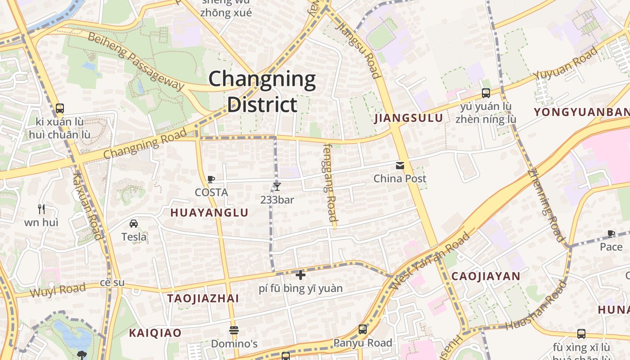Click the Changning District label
click(x=262, y=91)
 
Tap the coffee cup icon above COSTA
click(x=211, y=179)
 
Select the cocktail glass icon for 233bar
click(x=277, y=186)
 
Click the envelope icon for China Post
click(x=400, y=166)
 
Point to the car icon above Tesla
click(x=134, y=223)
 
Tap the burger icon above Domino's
click(x=234, y=330)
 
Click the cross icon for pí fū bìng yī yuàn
click(x=301, y=274)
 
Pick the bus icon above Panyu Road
click(x=363, y=329)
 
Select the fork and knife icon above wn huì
click(x=41, y=209)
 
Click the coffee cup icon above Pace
click(x=611, y=233)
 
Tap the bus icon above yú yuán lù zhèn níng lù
click(x=486, y=93)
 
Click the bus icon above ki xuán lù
click(x=60, y=108)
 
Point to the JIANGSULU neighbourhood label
click(x=409, y=118)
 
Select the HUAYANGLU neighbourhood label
click(x=209, y=213)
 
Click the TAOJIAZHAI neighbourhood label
click(x=203, y=298)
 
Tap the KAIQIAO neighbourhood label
click(x=155, y=333)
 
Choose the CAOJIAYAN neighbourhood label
click(x=486, y=276)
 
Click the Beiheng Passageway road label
click(x=136, y=61)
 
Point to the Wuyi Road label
click(x=58, y=291)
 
